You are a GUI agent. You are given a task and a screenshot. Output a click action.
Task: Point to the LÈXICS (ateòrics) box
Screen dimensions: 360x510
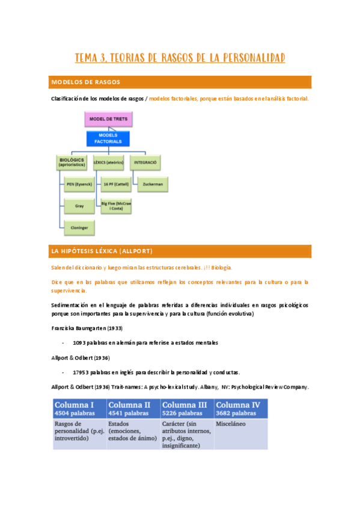point(109,163)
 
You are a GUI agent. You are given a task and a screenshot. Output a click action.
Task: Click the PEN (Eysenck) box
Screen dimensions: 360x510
point(79,184)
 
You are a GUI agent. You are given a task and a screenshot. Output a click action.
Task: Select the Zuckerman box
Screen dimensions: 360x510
point(152,184)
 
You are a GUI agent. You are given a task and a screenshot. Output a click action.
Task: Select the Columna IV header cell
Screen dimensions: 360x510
point(240,408)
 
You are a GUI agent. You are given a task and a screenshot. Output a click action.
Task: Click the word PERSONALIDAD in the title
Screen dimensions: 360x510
point(248,58)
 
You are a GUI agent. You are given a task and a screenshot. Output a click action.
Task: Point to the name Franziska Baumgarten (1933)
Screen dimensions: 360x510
point(89,328)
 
